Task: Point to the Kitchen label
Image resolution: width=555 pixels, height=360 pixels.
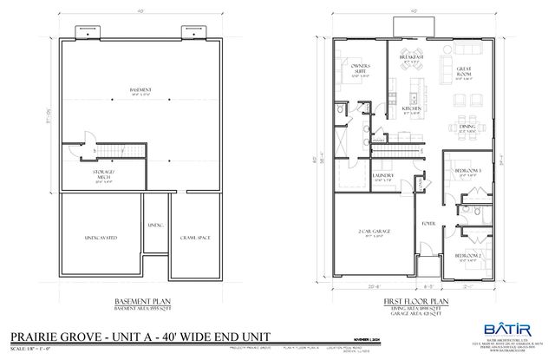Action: [411, 108]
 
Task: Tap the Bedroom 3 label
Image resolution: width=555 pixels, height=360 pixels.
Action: [468, 172]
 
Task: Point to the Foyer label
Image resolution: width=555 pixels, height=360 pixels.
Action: [427, 223]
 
